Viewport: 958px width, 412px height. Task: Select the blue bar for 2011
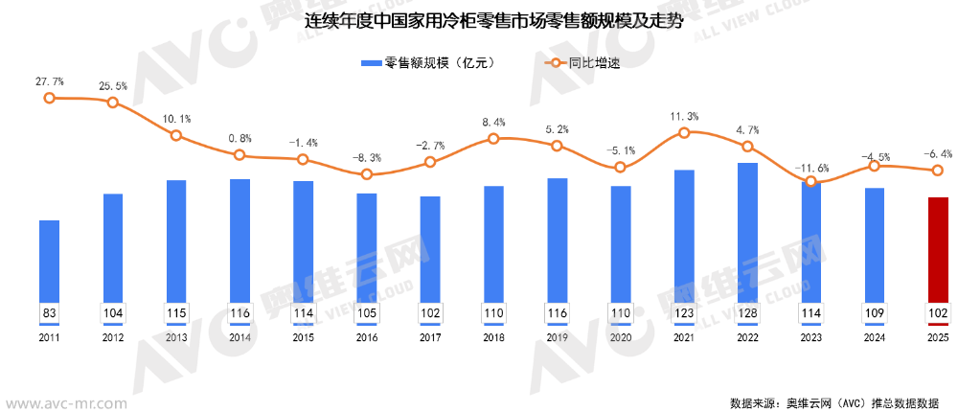[49, 263]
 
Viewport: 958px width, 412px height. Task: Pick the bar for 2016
[366, 249]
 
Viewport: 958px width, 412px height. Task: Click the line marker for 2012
[113, 102]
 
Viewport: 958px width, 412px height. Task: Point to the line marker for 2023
[810, 181]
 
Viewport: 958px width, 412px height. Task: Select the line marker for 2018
[493, 139]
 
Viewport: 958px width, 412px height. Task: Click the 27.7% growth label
[49, 82]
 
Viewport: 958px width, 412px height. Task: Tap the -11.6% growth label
[811, 169]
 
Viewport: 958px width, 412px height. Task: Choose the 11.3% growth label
[684, 117]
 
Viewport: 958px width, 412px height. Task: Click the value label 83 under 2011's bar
[49, 313]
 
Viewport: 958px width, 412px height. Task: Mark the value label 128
[747, 313]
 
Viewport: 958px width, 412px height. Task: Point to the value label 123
[684, 313]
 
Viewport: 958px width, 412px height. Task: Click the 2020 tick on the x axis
[621, 337]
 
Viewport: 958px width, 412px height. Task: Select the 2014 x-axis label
[239, 337]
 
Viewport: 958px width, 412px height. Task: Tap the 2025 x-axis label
[938, 337]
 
